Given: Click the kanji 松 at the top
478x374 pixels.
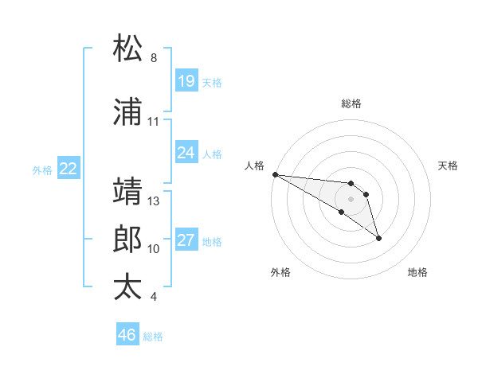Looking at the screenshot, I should [x=127, y=49].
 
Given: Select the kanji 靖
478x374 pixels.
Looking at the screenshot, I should [x=127, y=192].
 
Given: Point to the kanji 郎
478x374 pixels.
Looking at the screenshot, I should [x=127, y=240].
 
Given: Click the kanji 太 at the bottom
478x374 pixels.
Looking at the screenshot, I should [x=127, y=287].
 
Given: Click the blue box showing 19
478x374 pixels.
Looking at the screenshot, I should [x=186, y=81].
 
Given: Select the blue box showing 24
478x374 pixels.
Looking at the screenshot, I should [x=186, y=153].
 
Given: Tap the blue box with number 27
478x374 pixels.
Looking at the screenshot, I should [x=186, y=240].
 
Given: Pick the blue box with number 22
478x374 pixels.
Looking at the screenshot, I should [x=69, y=169].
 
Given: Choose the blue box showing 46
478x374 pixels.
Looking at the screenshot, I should [x=127, y=335].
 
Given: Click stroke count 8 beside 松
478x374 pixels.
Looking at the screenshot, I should [x=153, y=58].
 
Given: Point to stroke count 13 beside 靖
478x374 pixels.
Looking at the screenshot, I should [x=154, y=201].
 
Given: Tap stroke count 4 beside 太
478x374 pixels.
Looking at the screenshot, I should [x=153, y=297].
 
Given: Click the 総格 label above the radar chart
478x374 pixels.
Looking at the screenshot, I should [x=351, y=103].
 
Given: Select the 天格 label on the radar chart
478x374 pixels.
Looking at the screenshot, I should [x=449, y=166].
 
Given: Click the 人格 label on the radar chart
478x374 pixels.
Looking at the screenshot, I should [x=254, y=166].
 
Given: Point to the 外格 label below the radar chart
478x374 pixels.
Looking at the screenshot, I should [x=280, y=272].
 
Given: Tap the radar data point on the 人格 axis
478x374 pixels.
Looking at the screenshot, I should [x=274, y=173].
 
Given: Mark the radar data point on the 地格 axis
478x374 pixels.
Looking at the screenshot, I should [x=378, y=238].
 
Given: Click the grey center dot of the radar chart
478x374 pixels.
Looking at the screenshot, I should [x=351, y=198].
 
